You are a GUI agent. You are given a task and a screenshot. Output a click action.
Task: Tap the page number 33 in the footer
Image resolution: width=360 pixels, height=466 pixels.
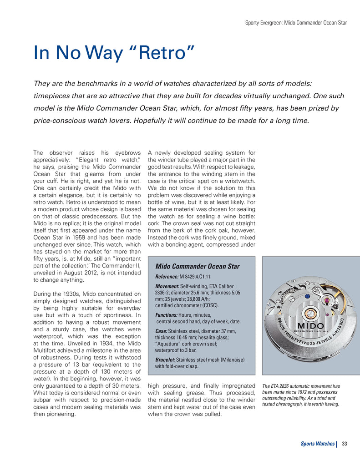(345, 444)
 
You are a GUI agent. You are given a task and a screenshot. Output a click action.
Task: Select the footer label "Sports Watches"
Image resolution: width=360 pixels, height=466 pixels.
(317, 444)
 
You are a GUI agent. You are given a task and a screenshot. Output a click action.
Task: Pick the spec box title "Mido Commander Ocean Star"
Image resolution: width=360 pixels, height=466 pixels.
(197, 266)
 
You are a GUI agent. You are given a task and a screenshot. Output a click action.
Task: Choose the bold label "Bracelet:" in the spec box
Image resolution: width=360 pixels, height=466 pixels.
(167, 360)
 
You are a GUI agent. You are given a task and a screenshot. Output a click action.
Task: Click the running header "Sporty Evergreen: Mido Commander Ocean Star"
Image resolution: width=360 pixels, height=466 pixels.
(296, 22)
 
